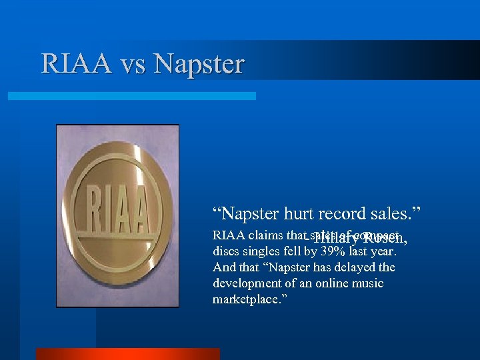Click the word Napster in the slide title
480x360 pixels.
point(199,65)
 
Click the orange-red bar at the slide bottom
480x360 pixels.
point(127,353)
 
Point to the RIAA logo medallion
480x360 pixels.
point(117,215)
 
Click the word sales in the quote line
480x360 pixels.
point(394,214)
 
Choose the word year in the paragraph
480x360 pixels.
point(383,252)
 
